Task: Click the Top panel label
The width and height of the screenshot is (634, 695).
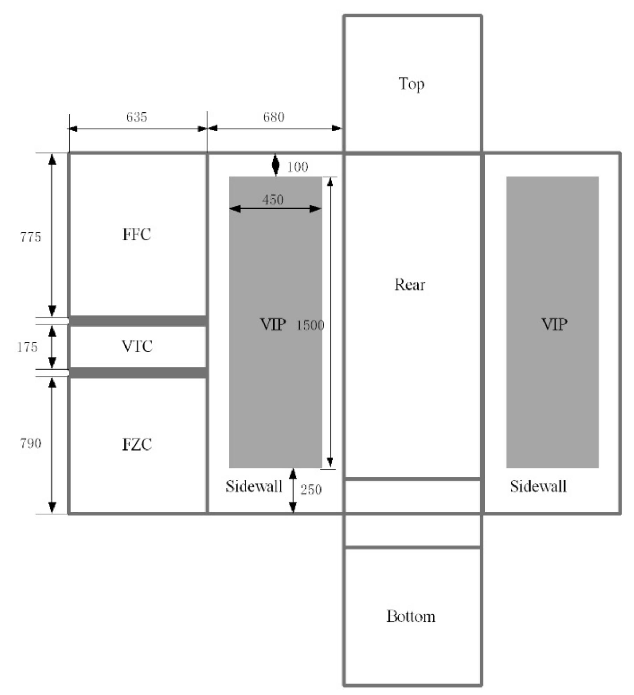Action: click(x=411, y=84)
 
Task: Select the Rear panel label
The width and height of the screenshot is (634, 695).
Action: click(x=410, y=285)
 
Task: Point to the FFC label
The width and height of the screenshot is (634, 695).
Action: click(x=137, y=234)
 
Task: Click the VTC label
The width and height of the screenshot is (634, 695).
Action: click(x=137, y=346)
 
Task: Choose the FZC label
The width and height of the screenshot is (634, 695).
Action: click(x=137, y=445)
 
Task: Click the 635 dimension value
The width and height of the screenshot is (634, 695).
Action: click(x=137, y=117)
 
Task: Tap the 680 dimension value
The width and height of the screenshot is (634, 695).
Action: click(x=274, y=117)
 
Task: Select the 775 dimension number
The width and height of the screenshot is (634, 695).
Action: click(x=31, y=237)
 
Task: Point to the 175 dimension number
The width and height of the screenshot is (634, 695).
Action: click(x=27, y=347)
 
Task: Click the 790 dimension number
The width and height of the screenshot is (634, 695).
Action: click(x=31, y=444)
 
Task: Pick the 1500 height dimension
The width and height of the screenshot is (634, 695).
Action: click(x=310, y=325)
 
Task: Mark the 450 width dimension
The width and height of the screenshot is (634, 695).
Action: click(x=273, y=200)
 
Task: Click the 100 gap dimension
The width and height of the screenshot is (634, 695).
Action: click(x=298, y=167)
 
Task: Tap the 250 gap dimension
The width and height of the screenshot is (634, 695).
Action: click(x=311, y=490)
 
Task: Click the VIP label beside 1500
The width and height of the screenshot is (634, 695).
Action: click(x=273, y=324)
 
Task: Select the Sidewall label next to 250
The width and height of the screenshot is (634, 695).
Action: click(x=254, y=486)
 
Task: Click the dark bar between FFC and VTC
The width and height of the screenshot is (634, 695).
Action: click(x=137, y=321)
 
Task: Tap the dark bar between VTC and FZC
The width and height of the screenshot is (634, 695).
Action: click(x=137, y=372)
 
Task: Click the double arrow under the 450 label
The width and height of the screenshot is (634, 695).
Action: click(x=275, y=209)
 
